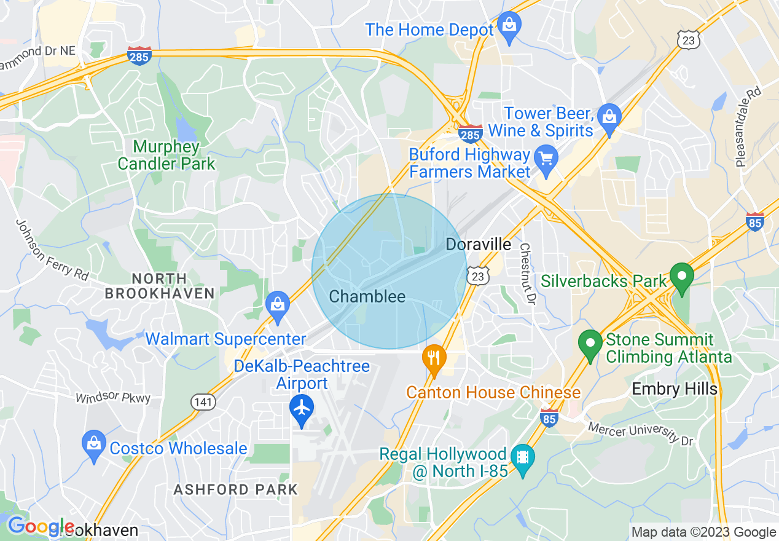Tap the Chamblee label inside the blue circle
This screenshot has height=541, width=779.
tap(367, 297)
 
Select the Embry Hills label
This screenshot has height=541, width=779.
tap(675, 389)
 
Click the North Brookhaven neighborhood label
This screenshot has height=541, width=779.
tap(160, 286)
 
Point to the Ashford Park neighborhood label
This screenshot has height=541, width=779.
tap(235, 490)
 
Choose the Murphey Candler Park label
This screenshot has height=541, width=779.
tap(166, 155)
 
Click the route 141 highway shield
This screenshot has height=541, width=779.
tap(202, 402)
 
